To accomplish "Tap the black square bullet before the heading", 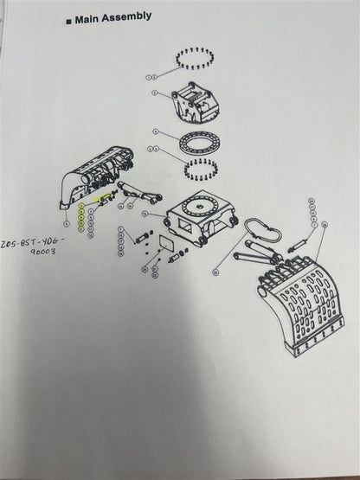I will click(x=67, y=16).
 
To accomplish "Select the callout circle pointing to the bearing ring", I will click(x=154, y=132).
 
